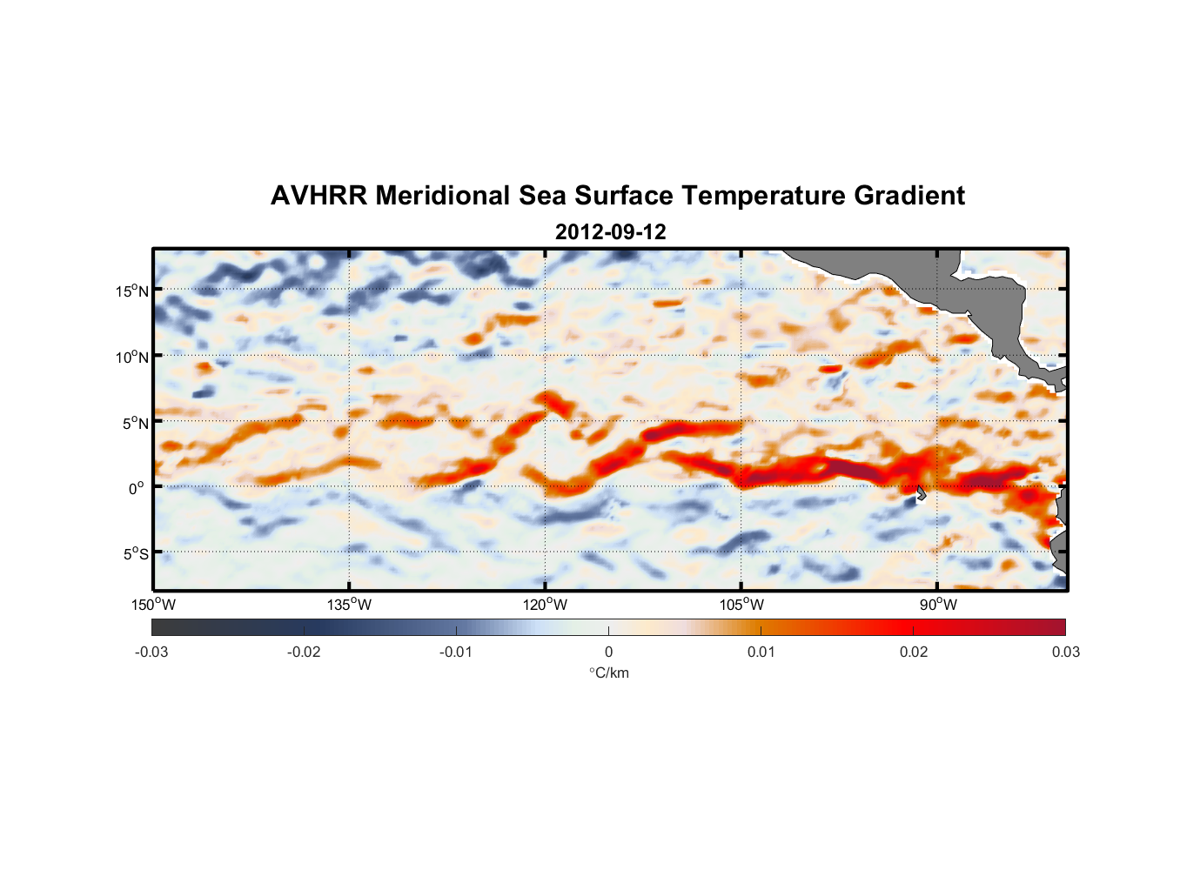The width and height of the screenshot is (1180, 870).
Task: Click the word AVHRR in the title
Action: tap(318, 196)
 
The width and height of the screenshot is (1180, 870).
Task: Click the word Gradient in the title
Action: tap(909, 196)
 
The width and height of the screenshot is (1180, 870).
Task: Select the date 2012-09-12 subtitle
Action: tap(610, 232)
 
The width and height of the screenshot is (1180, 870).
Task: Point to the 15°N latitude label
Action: tap(131, 291)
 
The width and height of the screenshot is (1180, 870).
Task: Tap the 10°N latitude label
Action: tap(131, 357)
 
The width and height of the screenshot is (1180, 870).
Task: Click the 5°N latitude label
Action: tap(135, 423)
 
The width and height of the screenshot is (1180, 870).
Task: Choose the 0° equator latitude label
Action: tap(137, 488)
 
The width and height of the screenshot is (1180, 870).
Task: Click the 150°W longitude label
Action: tap(153, 605)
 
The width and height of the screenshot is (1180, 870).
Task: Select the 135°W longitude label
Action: tap(349, 605)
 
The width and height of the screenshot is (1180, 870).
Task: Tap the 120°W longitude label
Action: tap(546, 605)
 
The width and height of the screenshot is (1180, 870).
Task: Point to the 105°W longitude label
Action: tap(741, 605)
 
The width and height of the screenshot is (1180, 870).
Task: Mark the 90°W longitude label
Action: tap(938, 605)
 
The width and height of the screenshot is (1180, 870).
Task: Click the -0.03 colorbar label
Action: tap(151, 652)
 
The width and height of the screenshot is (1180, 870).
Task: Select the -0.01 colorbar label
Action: tap(456, 652)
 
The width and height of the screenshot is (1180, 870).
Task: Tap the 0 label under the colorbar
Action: tap(608, 652)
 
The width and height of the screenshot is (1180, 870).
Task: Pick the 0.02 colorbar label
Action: tap(914, 652)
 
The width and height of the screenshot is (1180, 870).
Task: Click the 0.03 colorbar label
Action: tap(1065, 652)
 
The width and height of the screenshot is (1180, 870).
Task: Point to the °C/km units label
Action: tap(608, 673)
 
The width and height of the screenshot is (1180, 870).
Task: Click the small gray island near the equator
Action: tap(921, 492)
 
